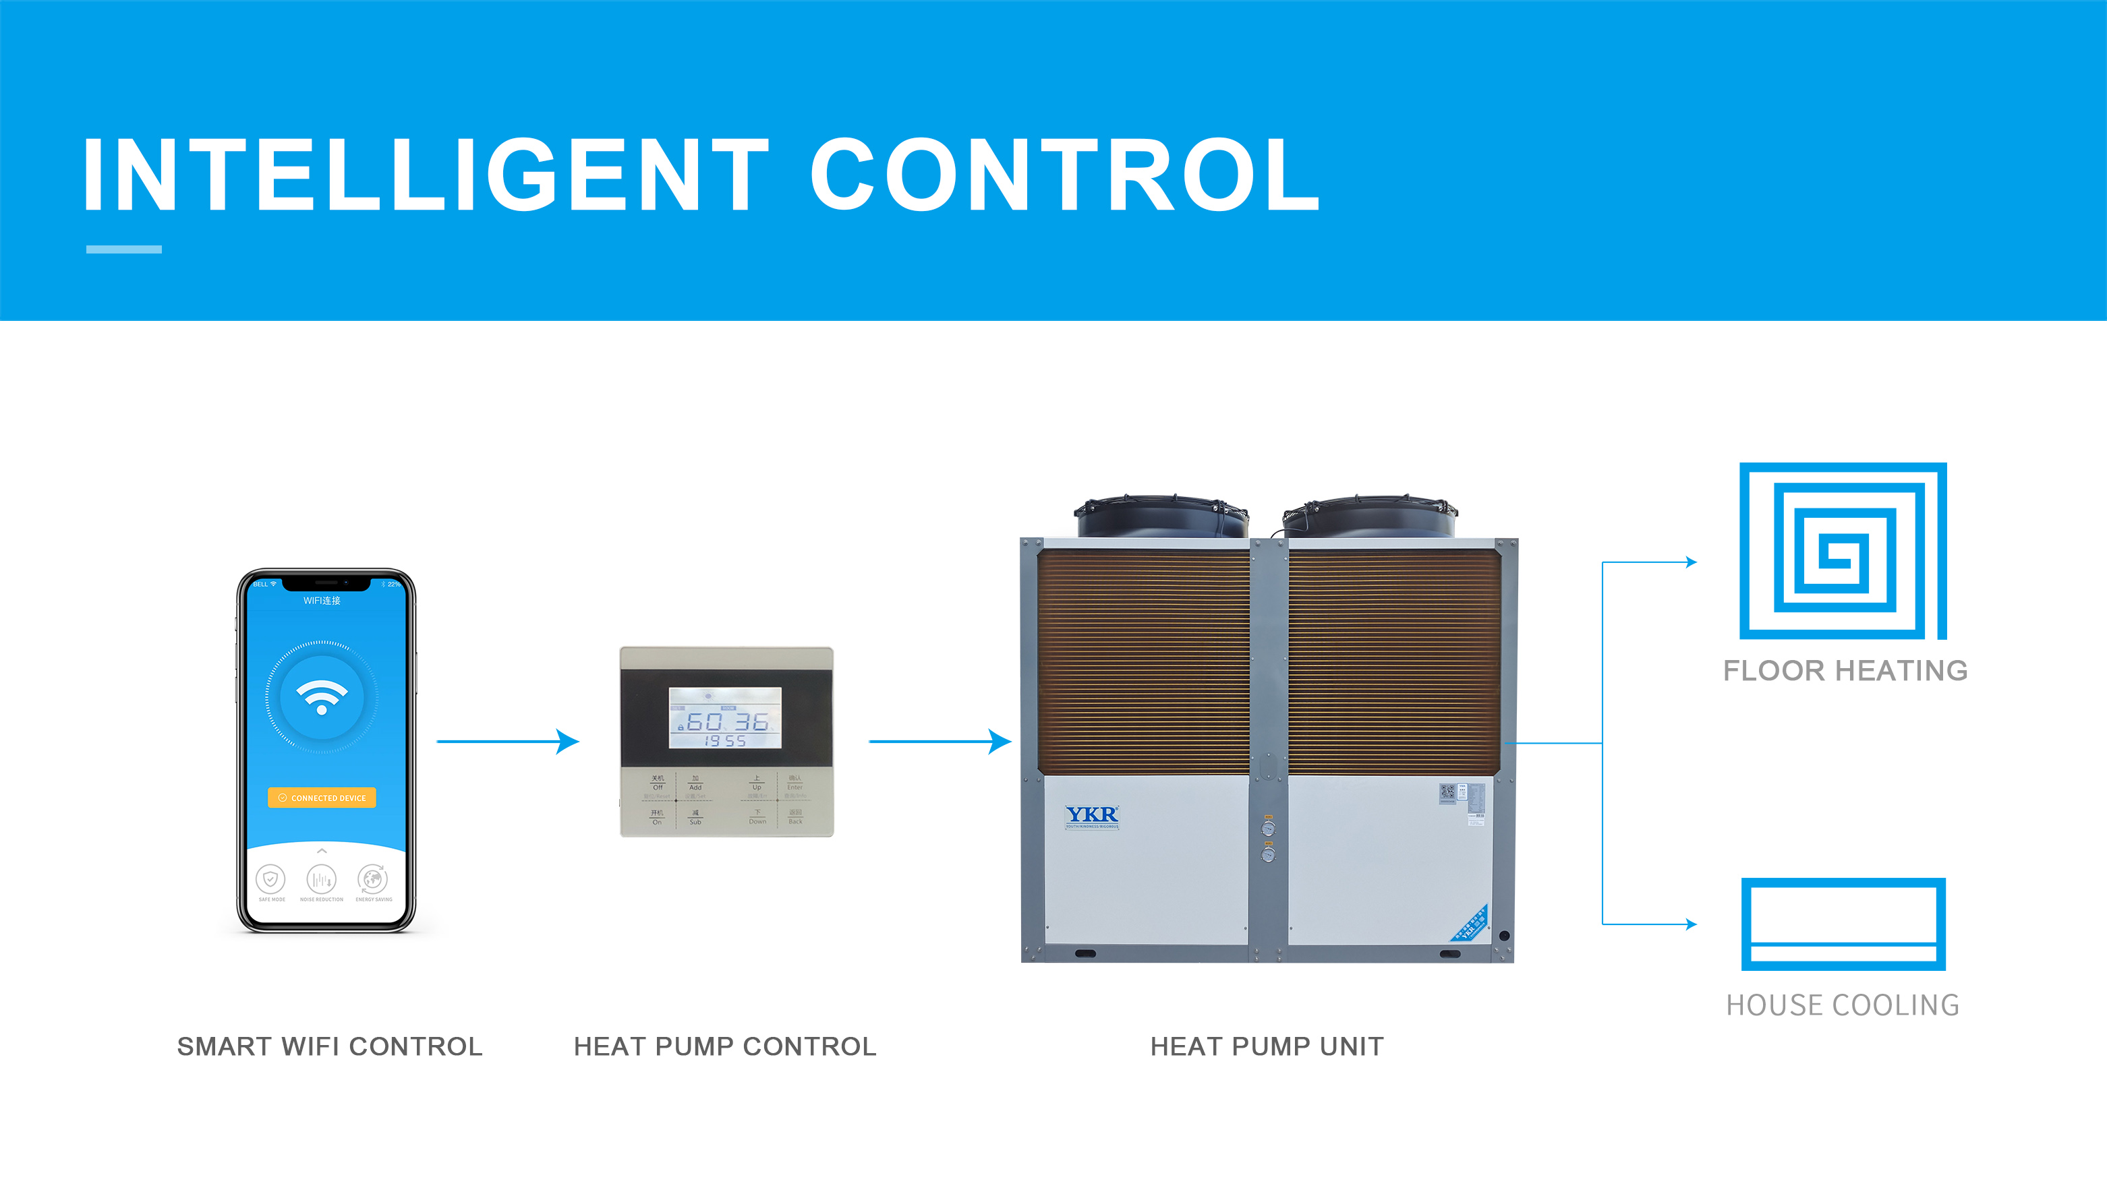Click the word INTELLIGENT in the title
pos(426,175)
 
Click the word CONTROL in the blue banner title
pos(1064,175)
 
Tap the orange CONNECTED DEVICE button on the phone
pos(322,798)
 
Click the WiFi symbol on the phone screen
pos(322,696)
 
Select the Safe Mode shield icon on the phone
pos(270,878)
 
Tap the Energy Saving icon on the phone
pos(372,878)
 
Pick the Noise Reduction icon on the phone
pos(321,879)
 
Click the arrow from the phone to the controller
pos(508,741)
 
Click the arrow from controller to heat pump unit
pos(940,741)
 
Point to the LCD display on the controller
pos(725,718)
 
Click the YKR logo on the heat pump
pos(1091,814)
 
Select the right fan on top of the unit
pos(1369,516)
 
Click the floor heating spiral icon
pos(1843,550)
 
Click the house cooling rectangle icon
pos(1843,924)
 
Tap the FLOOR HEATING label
pos(1845,670)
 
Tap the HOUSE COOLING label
pos(1843,1005)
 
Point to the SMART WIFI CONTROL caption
pos(330,1046)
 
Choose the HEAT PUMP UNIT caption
pos(1267,1046)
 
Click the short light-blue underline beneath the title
pos(123,249)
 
